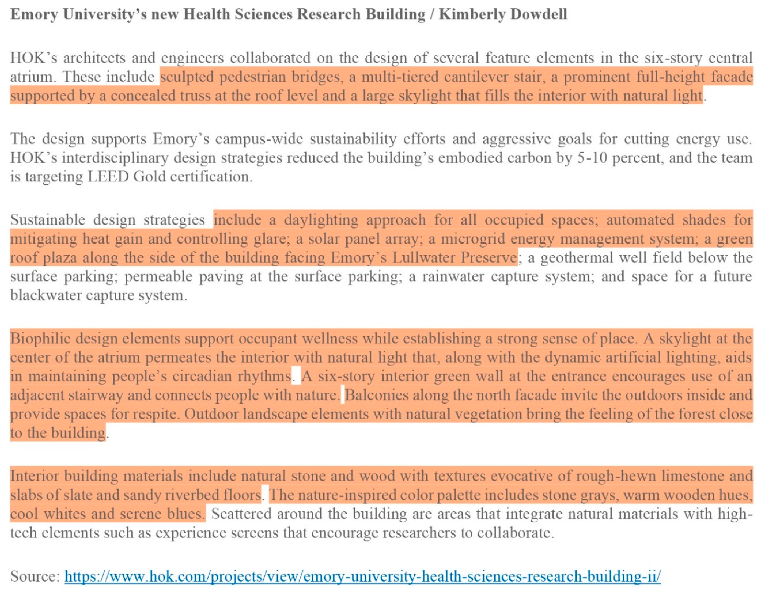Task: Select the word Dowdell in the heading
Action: click(539, 15)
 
